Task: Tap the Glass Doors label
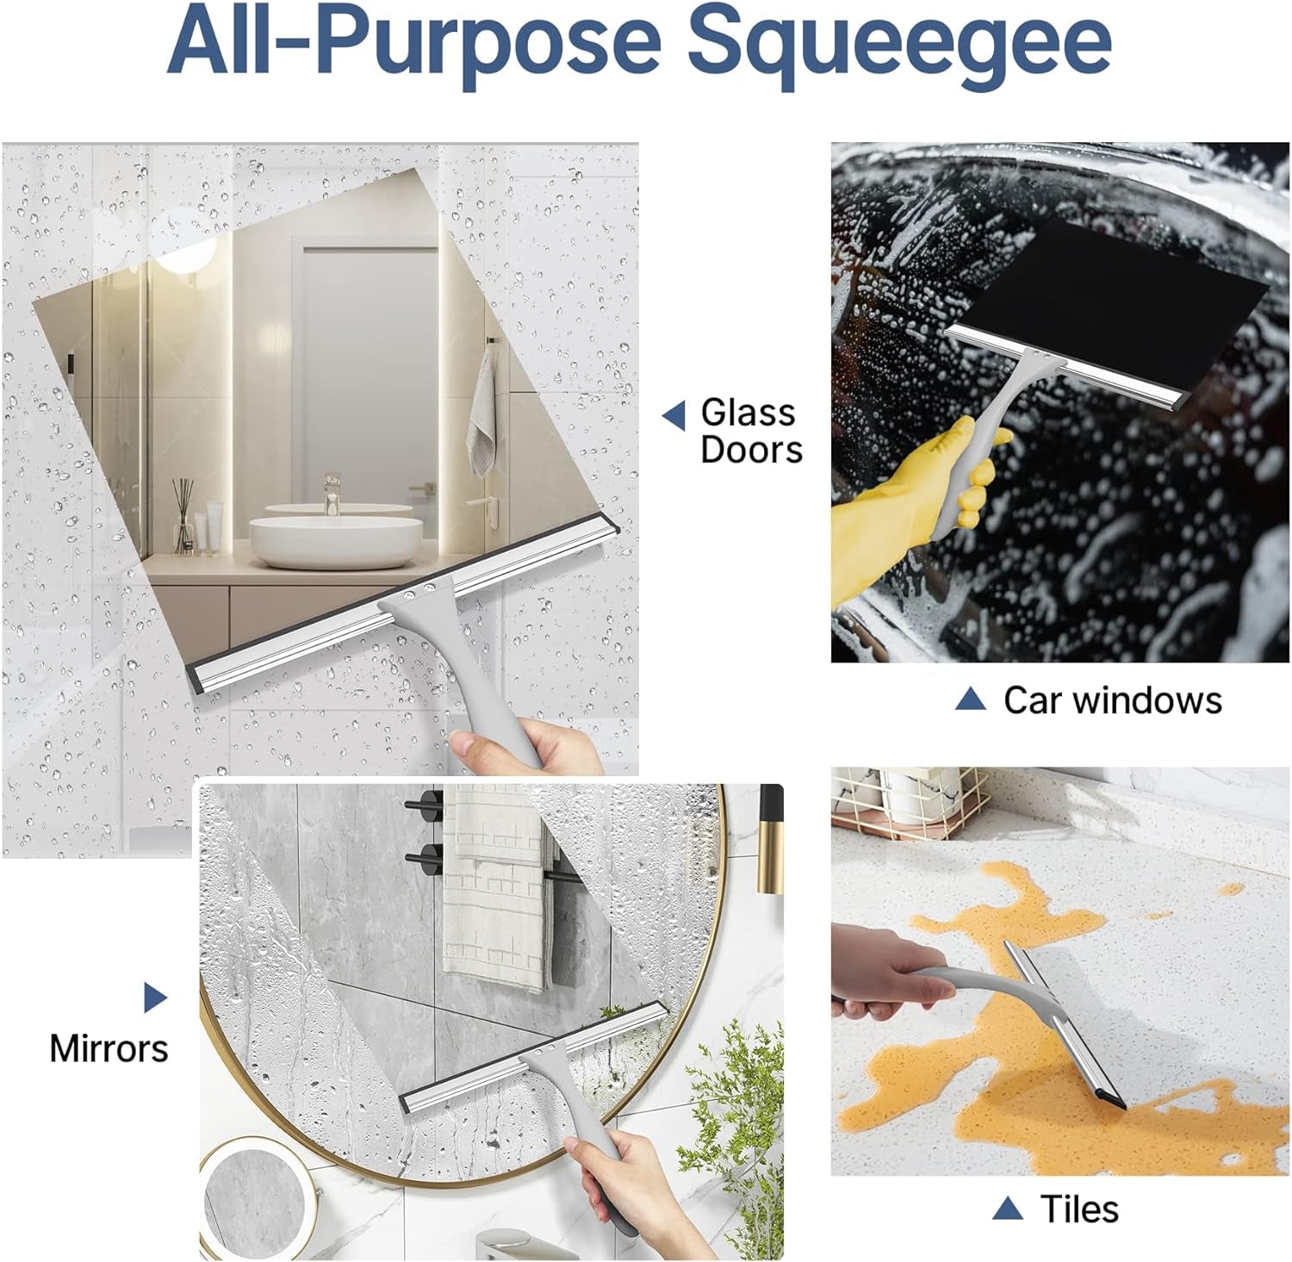[750, 431]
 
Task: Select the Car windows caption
[1112, 699]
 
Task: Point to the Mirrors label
[109, 1048]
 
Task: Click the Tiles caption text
[1079, 1209]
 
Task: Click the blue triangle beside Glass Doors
[674, 415]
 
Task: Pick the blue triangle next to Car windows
[970, 699]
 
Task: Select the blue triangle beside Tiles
[1007, 1209]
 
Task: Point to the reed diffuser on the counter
[183, 521]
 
